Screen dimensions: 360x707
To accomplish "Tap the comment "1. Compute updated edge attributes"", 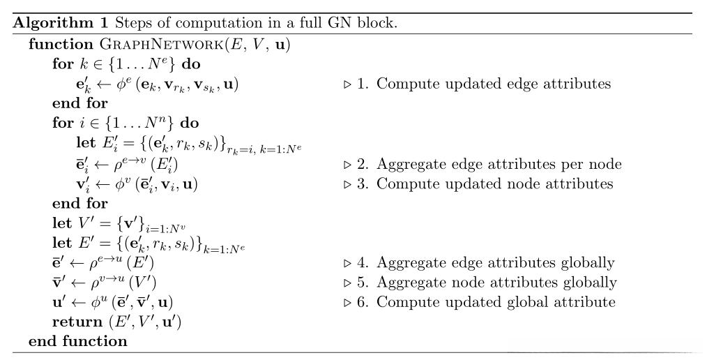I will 484,84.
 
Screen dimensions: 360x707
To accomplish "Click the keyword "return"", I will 75,322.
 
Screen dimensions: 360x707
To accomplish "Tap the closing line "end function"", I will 78,342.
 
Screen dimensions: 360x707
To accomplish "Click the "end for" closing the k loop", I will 80,104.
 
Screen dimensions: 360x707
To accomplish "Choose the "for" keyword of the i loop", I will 63,123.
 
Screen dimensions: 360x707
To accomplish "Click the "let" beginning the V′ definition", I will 62,225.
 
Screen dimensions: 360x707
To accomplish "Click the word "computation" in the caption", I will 213,23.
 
